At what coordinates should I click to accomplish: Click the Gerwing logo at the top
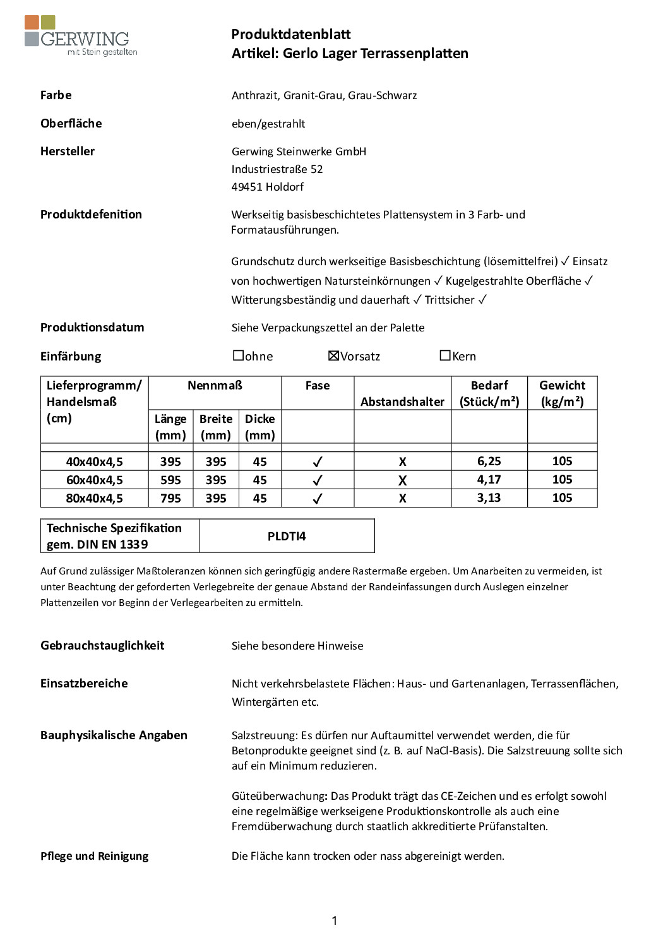coord(80,37)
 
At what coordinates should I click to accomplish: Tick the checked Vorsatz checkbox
coord(334,356)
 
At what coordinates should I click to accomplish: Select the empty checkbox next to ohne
coord(238,356)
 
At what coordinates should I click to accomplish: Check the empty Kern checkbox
coord(445,356)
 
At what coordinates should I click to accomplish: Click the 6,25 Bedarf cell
coord(489,461)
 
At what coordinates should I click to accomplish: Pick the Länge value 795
coord(170,498)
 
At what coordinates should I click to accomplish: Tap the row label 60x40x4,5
coord(94,480)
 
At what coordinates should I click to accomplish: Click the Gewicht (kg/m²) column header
coord(562,393)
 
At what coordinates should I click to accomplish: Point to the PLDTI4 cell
coord(287,536)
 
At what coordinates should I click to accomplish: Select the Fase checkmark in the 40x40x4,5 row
coord(318,462)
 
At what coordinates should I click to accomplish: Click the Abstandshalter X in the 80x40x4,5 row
coord(402,498)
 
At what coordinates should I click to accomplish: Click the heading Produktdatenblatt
coord(290,35)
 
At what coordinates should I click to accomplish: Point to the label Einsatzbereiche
coord(84,684)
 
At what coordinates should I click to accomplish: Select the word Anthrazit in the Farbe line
coord(254,95)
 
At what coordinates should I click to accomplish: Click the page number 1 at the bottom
coord(334,920)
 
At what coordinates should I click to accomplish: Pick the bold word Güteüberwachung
coord(279,796)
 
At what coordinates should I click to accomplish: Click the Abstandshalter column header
coord(402,401)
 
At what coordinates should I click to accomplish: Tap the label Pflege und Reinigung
coord(95,856)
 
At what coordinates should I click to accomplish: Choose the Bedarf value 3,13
coord(489,498)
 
